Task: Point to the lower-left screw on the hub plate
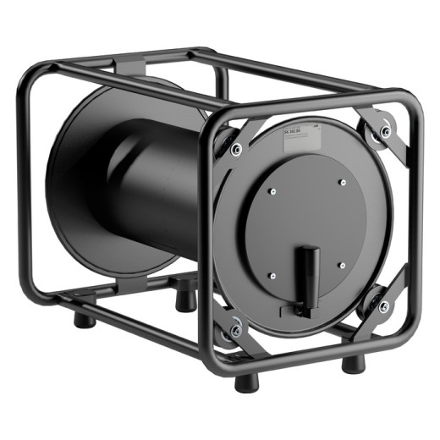coord(275,275)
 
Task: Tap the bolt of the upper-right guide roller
coord(386,131)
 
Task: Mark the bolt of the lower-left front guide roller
coord(237,325)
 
